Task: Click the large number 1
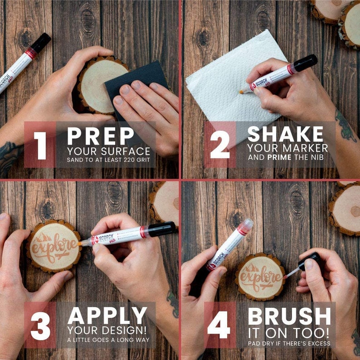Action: coord(40,144)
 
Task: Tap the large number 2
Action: coord(220,144)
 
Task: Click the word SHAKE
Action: coord(286,135)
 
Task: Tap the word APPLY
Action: coord(107,316)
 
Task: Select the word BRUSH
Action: coord(289,316)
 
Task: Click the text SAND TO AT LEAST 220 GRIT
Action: coord(108,160)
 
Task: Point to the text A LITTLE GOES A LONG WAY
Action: coord(108,340)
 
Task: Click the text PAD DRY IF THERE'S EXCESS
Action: coord(289,343)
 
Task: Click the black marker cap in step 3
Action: coord(161,229)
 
